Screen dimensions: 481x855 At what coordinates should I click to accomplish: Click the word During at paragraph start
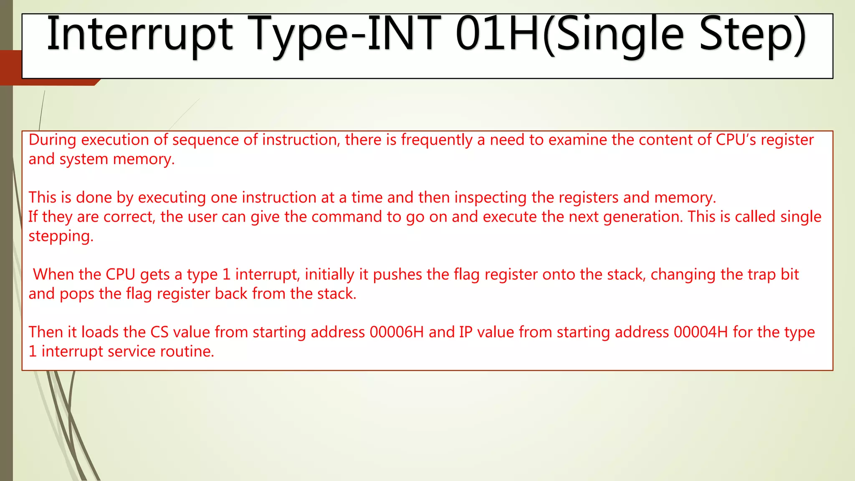click(52, 140)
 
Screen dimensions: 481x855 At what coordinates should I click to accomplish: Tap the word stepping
click(61, 236)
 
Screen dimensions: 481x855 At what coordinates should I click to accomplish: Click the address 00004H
click(701, 332)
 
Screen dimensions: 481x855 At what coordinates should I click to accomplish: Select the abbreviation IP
click(465, 332)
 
